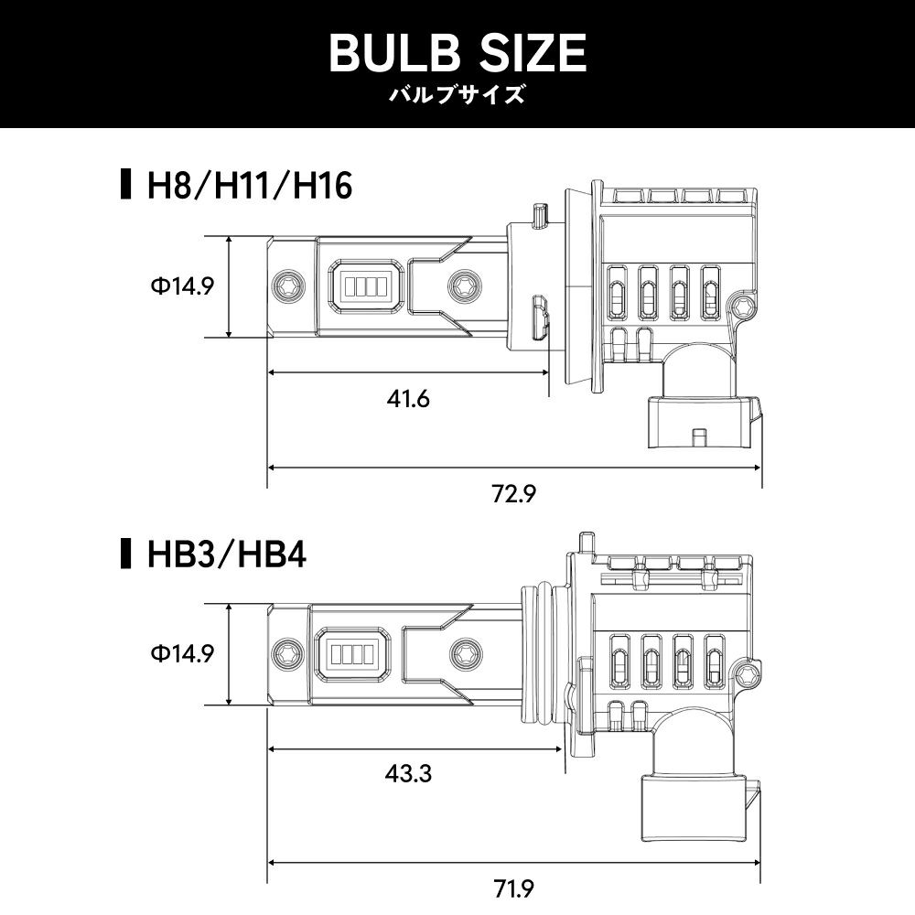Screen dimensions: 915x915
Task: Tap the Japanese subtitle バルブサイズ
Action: (457, 94)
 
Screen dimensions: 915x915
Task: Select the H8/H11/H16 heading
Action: (250, 186)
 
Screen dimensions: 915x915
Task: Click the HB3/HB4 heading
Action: (226, 554)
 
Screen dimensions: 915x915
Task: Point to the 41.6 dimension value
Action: (408, 399)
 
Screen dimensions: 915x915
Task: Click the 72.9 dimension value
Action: (513, 494)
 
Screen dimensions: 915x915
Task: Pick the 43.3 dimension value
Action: (408, 774)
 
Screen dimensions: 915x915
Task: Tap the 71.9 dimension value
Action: (513, 889)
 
